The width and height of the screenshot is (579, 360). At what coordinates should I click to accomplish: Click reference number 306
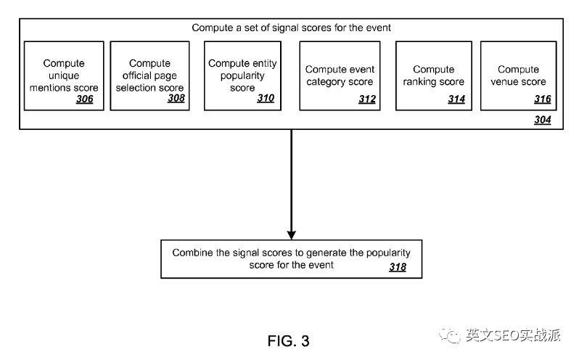pos(85,99)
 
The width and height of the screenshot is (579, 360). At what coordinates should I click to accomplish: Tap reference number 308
pos(176,99)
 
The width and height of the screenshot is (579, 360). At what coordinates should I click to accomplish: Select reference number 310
pos(266,99)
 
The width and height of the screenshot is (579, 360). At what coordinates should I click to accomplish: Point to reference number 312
pos(367,99)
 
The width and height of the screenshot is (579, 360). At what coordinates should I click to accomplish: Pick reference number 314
pos(456,99)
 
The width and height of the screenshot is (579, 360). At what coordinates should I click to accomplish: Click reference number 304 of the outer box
pos(542,120)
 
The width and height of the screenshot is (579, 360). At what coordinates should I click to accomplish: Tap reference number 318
pos(397,268)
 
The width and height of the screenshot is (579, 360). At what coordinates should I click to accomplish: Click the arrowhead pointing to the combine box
pos(292,234)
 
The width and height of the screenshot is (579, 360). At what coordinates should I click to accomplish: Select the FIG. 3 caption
pos(289,340)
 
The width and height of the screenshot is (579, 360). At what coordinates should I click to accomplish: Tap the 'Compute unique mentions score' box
pos(63,75)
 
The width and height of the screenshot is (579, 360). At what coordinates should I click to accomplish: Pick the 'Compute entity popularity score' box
pos(242,75)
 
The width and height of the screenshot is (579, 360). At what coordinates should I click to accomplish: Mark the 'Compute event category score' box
pos(340,75)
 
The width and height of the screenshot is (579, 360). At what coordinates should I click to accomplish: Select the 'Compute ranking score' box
pos(433,75)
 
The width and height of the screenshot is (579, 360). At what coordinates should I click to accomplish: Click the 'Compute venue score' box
pos(518,75)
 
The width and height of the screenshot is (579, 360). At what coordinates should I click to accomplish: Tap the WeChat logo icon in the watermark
pos(454,335)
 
